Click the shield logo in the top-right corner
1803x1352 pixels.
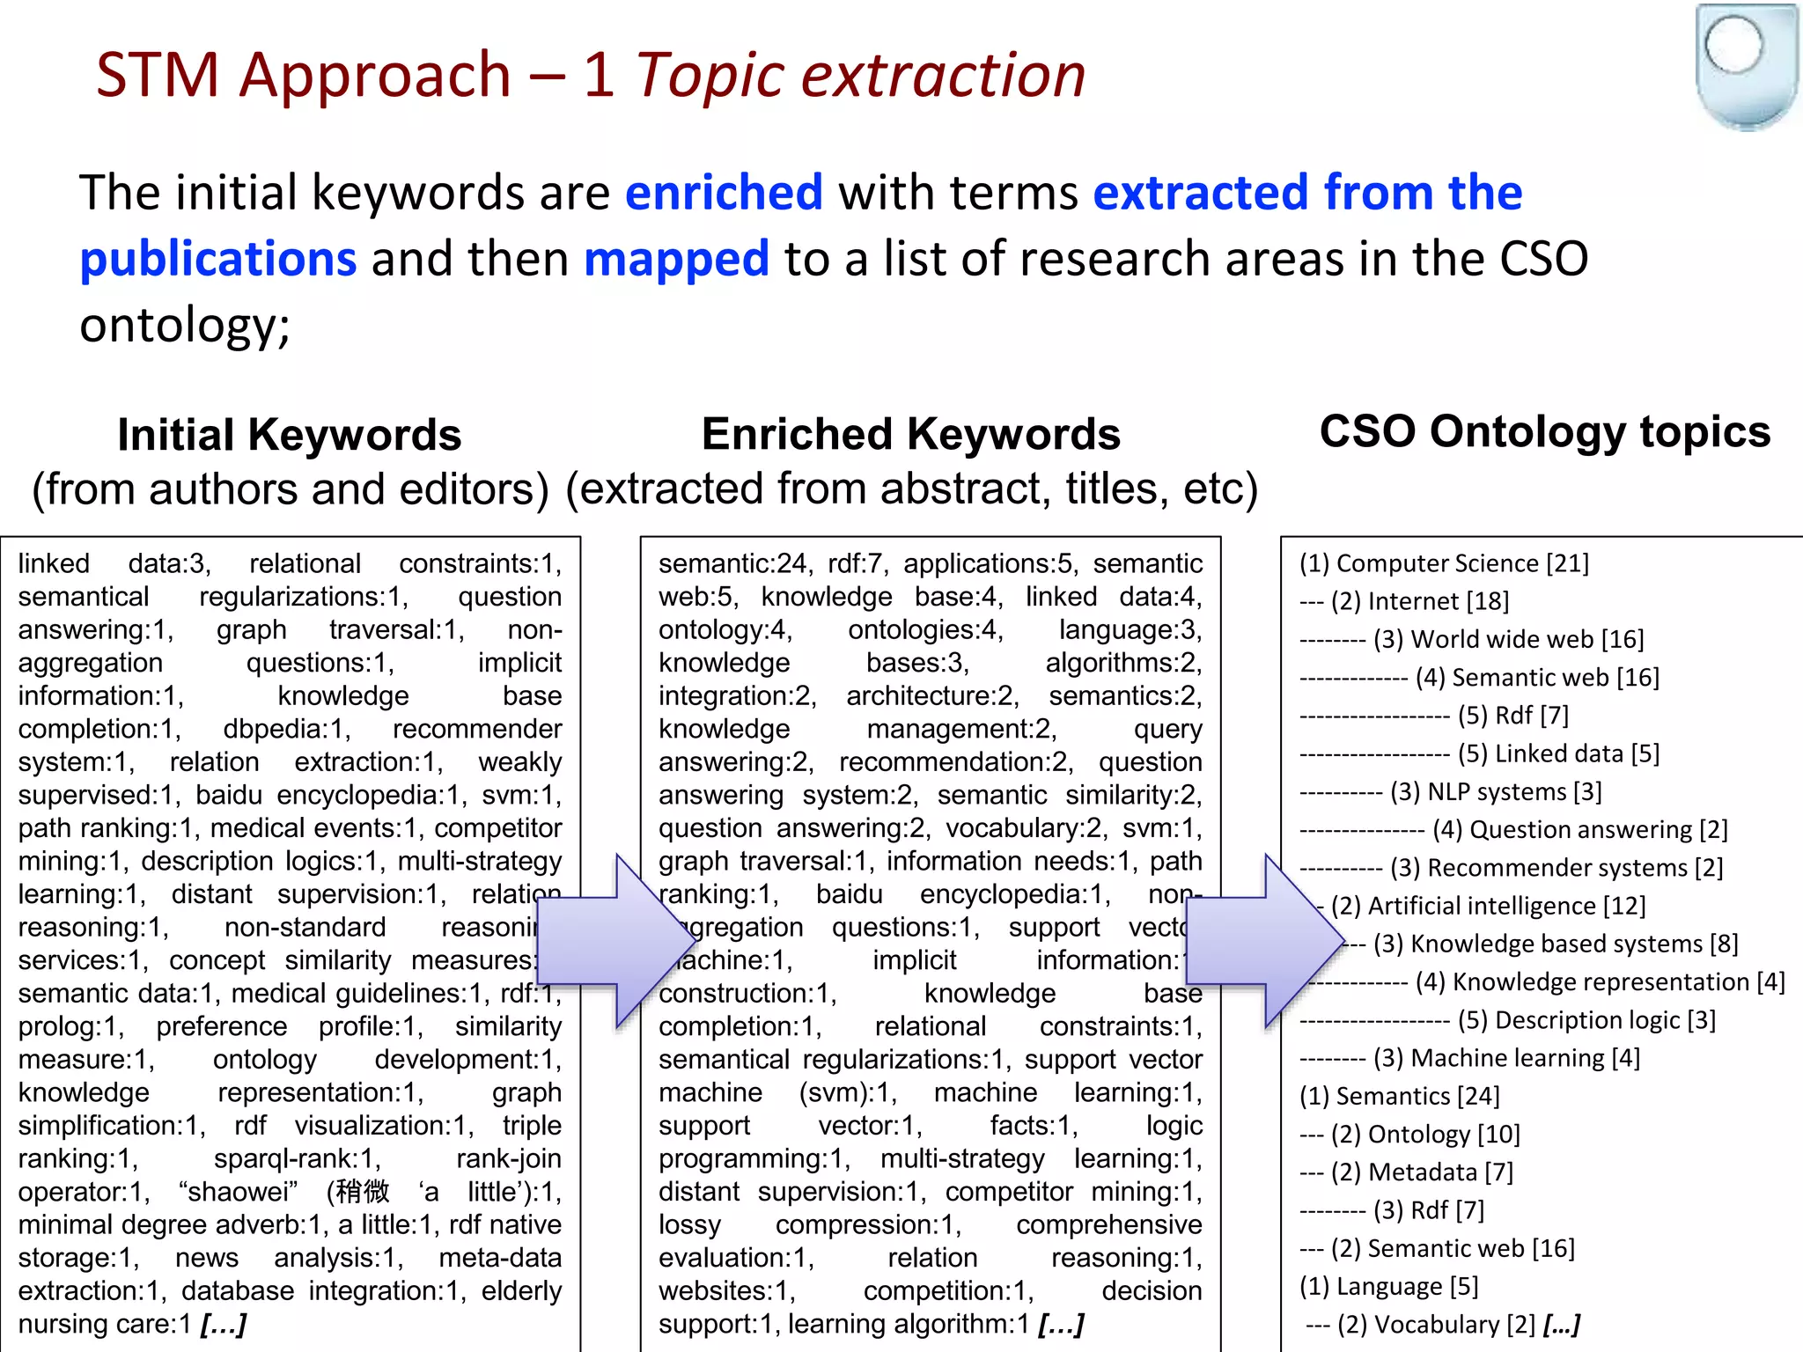click(1747, 66)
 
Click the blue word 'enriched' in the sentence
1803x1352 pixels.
click(724, 193)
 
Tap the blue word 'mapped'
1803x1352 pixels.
click(676, 259)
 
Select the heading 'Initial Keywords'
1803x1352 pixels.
click(290, 435)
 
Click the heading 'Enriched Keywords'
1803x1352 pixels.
click(910, 434)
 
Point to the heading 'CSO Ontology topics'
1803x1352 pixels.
click(1544, 431)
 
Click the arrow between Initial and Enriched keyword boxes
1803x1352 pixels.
click(616, 940)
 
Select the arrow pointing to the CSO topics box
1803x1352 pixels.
click(1265, 940)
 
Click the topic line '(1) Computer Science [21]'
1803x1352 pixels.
click(1444, 563)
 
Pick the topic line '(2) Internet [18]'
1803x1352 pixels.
click(1419, 601)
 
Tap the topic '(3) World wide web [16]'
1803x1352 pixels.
click(1508, 639)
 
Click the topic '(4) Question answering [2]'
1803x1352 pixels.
click(1579, 829)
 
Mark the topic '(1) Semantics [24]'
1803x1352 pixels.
click(1399, 1096)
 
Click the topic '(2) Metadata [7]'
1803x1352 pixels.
click(1421, 1172)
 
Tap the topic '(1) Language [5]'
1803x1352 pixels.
click(1388, 1287)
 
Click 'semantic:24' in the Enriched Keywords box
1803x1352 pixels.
click(732, 563)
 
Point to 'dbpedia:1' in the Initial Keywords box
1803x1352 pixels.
click(287, 729)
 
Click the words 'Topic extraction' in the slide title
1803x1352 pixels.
click(860, 75)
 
